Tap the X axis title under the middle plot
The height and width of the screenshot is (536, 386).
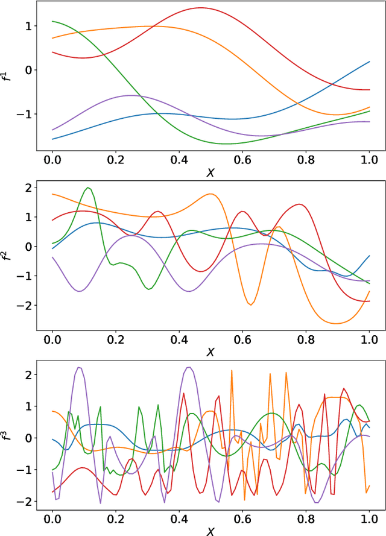coord(210,351)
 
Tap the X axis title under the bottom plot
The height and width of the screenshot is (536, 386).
coord(210,531)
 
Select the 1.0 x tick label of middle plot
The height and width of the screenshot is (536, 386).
coord(369,339)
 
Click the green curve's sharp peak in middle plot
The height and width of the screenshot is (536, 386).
coord(89,188)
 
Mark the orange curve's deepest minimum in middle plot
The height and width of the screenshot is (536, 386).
coord(335,324)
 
